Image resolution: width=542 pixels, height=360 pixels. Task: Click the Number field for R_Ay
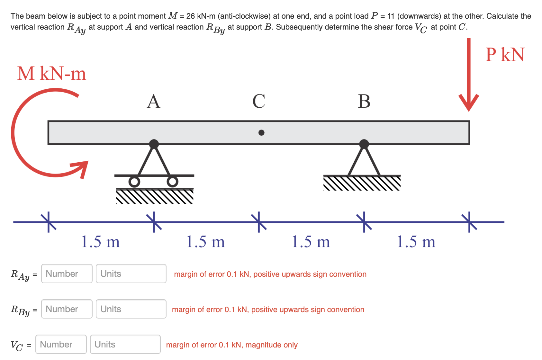pos(67,274)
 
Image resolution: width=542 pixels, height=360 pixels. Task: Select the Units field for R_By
pos(131,309)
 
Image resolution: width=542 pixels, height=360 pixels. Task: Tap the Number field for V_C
pos(61,344)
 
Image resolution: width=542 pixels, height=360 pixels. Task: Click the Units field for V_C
pos(125,344)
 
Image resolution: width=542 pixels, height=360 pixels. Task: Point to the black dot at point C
pos(261,132)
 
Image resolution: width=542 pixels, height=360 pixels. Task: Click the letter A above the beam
pos(154,102)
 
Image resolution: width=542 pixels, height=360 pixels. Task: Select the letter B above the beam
pos(364,102)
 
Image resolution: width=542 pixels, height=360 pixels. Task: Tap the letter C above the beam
pos(259,102)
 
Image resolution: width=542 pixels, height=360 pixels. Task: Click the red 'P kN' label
pos(505,55)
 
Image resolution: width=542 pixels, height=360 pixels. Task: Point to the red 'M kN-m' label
pos(52,74)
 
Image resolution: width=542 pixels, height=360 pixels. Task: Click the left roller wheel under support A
pos(134,182)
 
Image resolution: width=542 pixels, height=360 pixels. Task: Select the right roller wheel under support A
pos(173,182)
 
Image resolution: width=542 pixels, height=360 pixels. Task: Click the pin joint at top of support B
pos(364,144)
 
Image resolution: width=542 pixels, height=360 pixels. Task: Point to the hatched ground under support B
pos(362,184)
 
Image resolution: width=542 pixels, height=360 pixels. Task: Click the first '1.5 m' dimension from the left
pos(100,242)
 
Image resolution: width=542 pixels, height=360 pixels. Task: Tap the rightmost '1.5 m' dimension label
pos(416,242)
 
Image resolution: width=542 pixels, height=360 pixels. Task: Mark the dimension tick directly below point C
pos(259,222)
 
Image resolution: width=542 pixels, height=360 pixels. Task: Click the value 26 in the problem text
pos(191,16)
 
